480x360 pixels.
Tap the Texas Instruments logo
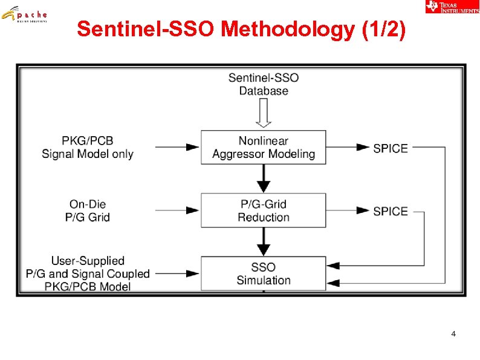click(452, 7)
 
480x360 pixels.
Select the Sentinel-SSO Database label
click(264, 84)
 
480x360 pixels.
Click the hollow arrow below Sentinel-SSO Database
click(264, 113)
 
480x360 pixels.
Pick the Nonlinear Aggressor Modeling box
click(264, 147)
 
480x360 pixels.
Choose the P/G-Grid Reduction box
click(264, 211)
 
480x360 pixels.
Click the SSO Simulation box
click(264, 273)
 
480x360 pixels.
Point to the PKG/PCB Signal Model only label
click(88, 147)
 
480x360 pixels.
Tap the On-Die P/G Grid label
click(88, 211)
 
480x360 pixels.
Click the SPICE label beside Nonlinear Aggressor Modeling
click(391, 148)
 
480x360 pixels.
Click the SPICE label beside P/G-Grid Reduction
click(391, 211)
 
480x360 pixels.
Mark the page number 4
click(453, 334)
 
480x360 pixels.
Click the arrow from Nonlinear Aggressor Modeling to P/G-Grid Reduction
click(264, 178)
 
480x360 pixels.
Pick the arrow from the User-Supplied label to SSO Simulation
click(178, 273)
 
